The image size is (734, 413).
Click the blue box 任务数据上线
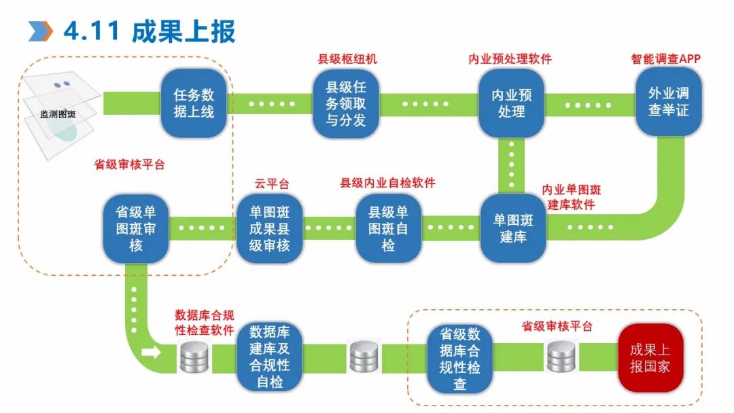(x=194, y=103)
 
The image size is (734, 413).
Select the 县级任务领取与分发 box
(x=346, y=104)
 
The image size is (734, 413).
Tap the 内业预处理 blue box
(x=511, y=103)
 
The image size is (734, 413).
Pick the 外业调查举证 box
(x=668, y=101)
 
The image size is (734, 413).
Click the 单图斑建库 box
(x=513, y=228)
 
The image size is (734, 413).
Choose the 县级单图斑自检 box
(x=388, y=229)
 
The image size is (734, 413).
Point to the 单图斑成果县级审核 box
(x=269, y=229)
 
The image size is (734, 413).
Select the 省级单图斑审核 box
(x=136, y=229)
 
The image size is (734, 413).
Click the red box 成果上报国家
(x=650, y=358)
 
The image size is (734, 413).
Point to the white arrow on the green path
(x=152, y=353)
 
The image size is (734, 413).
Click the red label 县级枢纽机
(x=347, y=59)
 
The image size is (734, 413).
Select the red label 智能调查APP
(x=665, y=59)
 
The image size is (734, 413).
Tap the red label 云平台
(x=272, y=183)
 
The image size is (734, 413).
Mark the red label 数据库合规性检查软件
(x=205, y=323)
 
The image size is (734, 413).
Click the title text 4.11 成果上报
(x=150, y=31)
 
